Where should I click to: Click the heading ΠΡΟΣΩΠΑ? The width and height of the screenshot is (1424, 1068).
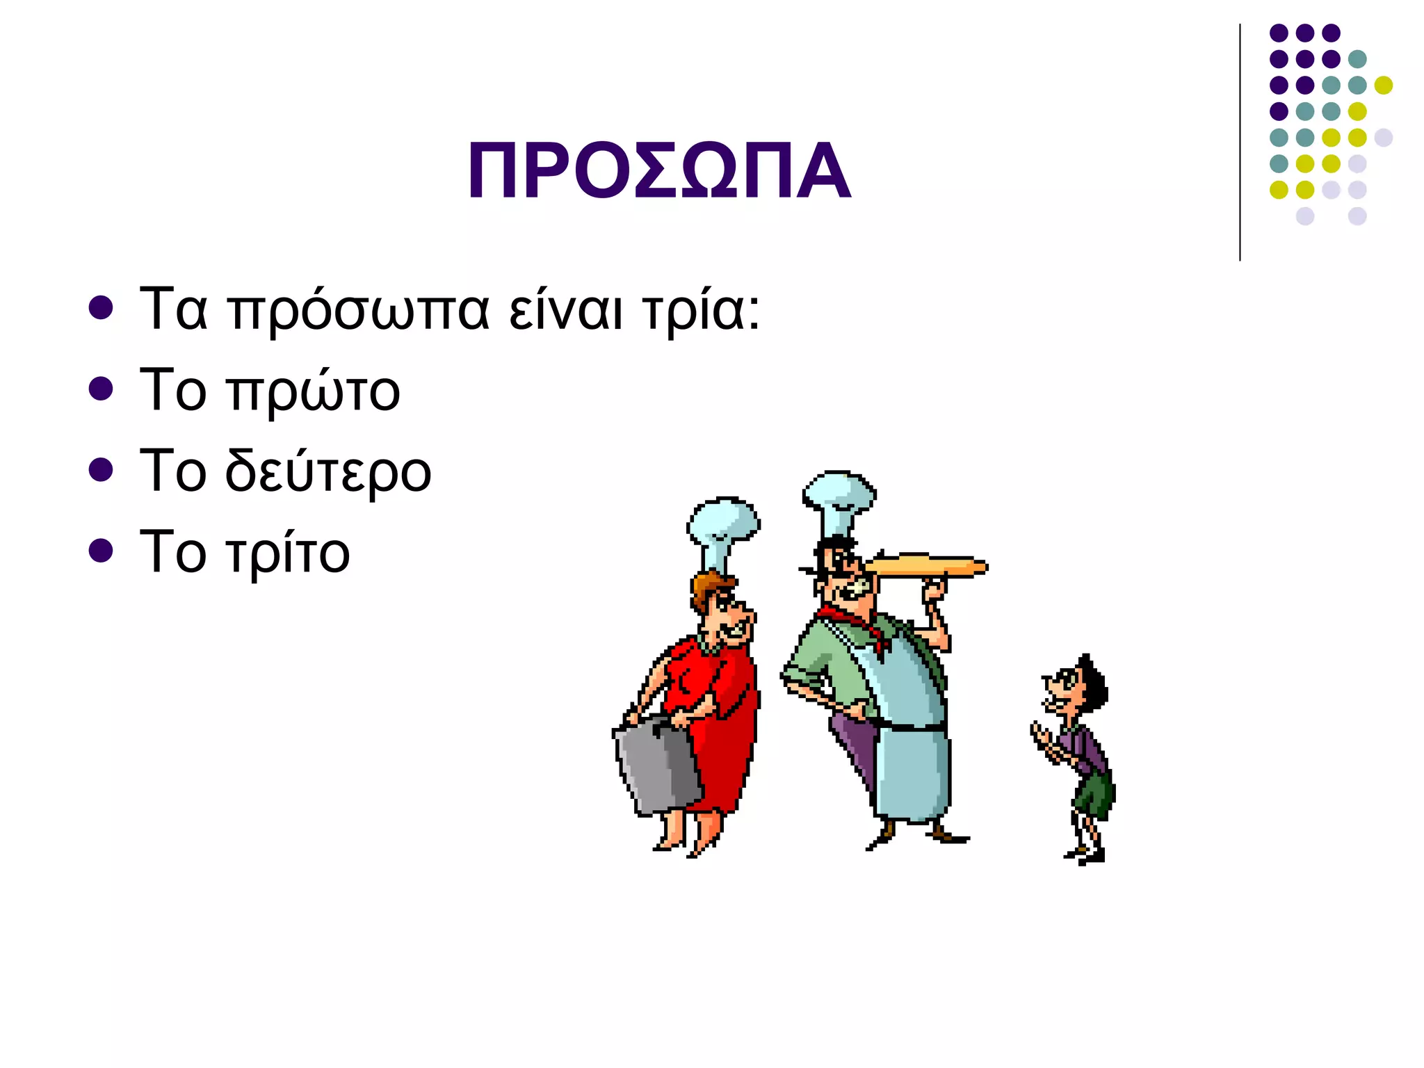(658, 171)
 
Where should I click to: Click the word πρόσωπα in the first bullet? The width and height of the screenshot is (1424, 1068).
(359, 311)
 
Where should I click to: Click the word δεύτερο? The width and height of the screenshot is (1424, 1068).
(328, 471)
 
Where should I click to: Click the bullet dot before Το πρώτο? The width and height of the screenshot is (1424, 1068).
(101, 389)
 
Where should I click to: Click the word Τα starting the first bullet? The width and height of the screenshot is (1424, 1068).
(173, 309)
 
